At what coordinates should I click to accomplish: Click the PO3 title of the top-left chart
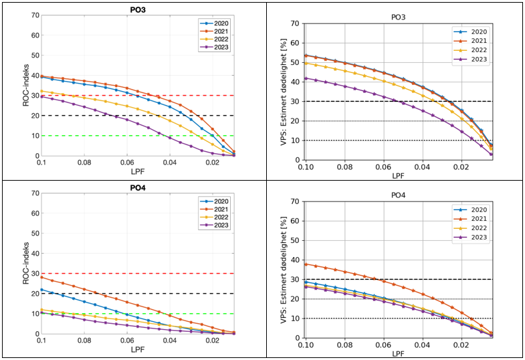[138, 9]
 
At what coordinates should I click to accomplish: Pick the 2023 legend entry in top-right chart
[477, 59]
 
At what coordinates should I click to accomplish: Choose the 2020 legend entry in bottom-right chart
[477, 209]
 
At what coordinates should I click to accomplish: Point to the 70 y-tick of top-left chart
[34, 15]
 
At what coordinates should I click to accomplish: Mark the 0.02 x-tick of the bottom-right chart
[461, 344]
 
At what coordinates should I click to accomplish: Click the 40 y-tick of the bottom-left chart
[34, 253]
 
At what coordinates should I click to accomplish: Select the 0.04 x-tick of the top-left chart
[170, 163]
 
